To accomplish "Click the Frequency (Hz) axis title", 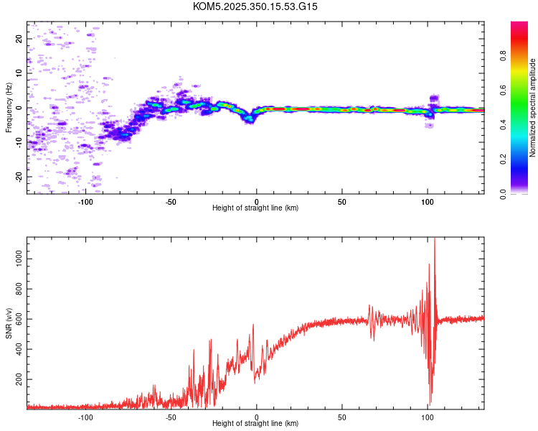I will point(9,108).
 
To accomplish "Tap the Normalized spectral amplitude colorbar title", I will point(533,108).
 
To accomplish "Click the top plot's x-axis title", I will point(255,208).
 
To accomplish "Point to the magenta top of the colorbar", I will point(519,25).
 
